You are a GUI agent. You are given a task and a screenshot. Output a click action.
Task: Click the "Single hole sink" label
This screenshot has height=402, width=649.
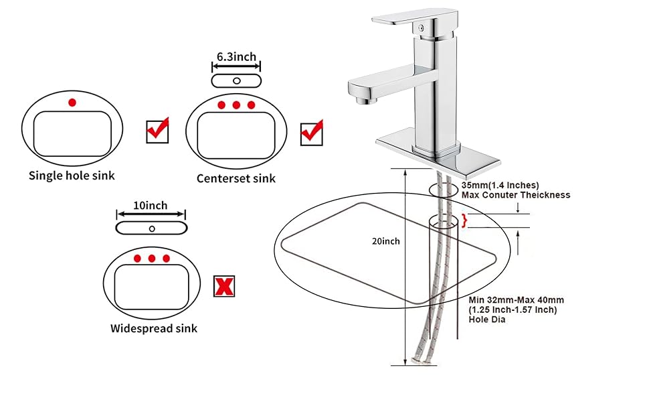tap(72, 176)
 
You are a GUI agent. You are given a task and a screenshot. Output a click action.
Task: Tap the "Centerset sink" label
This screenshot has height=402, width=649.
tap(236, 178)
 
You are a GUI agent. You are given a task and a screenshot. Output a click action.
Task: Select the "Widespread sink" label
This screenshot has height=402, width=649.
tap(154, 328)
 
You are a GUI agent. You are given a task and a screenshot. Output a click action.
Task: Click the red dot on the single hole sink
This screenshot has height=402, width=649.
tap(72, 103)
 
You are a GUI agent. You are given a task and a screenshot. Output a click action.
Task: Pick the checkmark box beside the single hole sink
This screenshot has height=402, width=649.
tap(157, 131)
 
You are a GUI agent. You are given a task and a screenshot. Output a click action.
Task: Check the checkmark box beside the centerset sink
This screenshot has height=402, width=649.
tap(311, 132)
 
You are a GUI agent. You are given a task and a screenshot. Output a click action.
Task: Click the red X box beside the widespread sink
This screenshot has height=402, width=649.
tap(223, 286)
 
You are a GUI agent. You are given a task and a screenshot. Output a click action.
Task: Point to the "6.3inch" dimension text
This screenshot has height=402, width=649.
tap(236, 58)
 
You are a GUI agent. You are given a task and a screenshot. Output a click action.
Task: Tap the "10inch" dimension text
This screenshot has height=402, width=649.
tap(151, 206)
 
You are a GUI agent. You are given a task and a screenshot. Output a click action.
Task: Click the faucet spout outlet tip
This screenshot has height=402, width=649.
tap(364, 100)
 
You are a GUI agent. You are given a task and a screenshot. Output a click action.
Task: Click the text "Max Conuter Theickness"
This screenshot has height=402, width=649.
tap(516, 195)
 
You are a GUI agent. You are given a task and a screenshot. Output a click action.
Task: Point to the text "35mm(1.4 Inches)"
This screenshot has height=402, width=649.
tap(500, 185)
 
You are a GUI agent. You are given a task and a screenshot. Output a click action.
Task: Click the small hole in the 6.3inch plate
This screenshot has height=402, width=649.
tap(236, 80)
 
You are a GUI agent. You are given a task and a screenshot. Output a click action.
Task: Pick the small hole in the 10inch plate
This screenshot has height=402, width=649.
tap(151, 228)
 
